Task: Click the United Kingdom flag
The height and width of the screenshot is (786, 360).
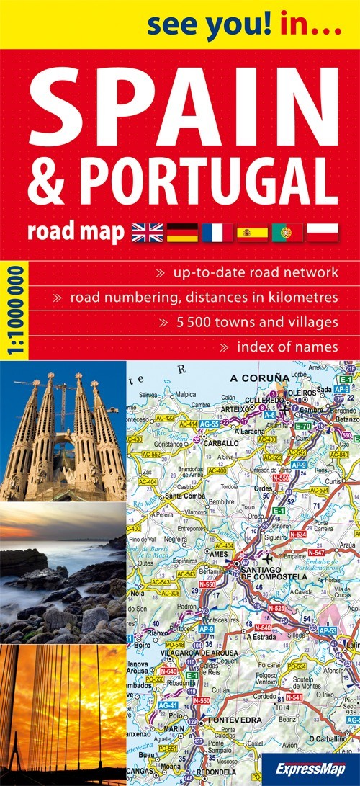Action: tap(147, 232)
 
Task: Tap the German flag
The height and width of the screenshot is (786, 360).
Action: tap(181, 232)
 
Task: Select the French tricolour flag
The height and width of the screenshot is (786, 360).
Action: tap(217, 232)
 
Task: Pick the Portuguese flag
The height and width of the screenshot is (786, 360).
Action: tap(287, 232)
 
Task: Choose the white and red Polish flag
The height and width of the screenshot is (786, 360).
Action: tap(322, 232)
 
